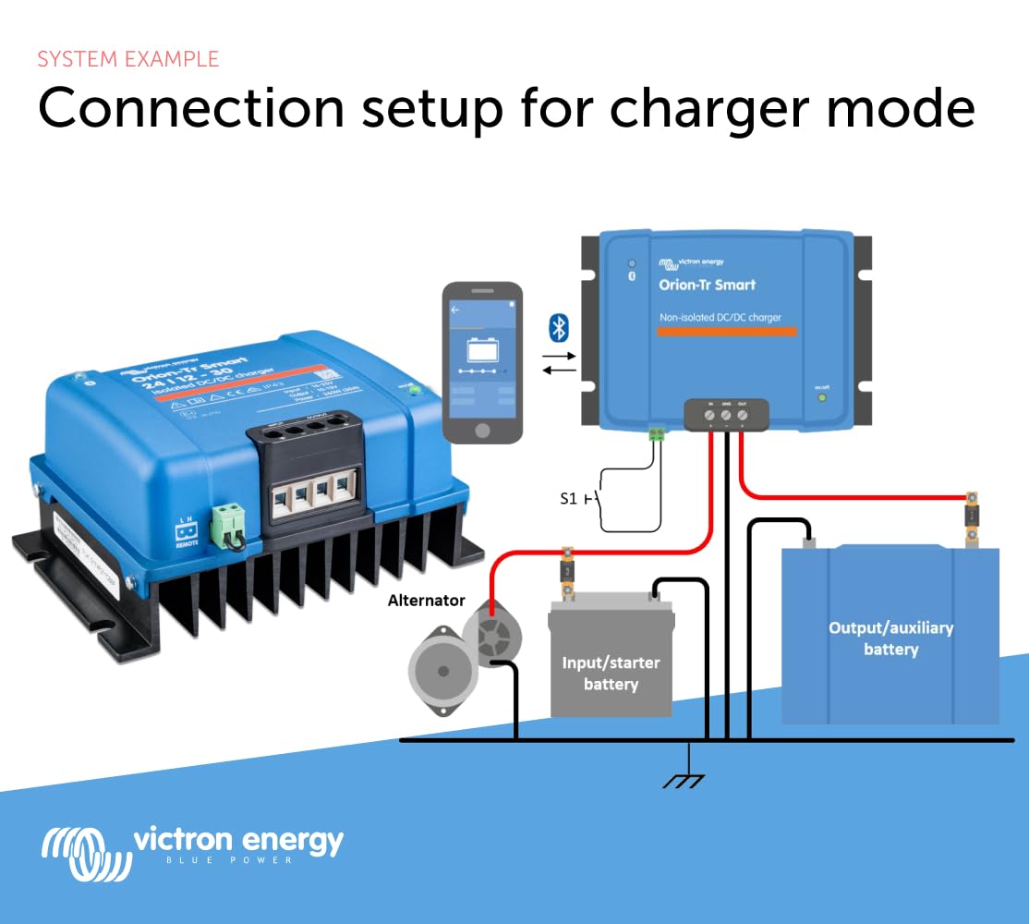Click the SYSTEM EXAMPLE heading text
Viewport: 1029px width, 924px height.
click(128, 59)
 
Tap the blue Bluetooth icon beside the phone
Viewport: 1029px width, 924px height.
click(559, 326)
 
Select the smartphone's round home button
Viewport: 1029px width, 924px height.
click(482, 431)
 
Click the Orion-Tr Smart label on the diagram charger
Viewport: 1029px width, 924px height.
click(707, 285)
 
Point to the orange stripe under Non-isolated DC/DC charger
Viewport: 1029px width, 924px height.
click(720, 331)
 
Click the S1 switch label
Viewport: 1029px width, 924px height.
click(569, 498)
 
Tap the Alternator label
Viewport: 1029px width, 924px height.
click(426, 601)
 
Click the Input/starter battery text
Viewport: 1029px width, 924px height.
click(611, 674)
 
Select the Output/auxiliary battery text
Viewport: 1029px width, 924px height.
click(890, 638)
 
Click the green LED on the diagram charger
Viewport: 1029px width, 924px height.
click(820, 397)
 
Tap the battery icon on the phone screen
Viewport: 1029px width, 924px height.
click(481, 352)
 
